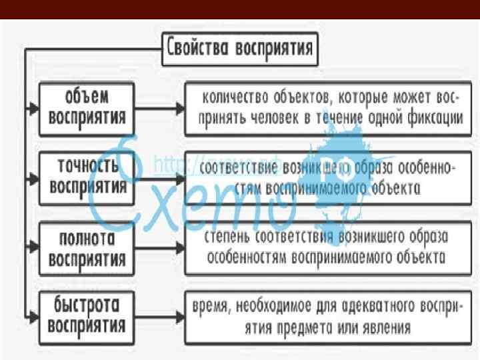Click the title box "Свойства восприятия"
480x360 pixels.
tap(241, 49)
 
